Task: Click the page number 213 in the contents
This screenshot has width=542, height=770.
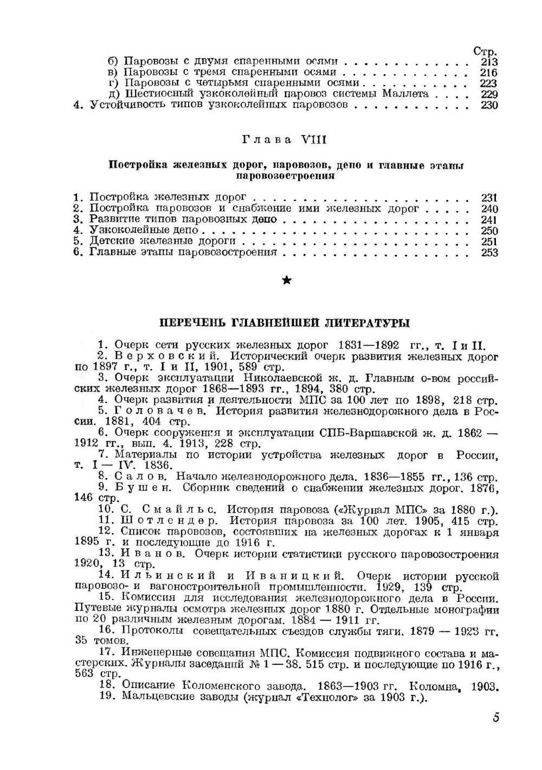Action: (x=488, y=61)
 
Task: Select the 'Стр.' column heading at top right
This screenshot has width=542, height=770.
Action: (x=485, y=52)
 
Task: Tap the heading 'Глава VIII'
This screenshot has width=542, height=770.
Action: (x=283, y=139)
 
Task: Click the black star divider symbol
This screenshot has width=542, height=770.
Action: (x=287, y=280)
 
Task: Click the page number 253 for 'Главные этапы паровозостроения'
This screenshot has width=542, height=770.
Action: (x=489, y=252)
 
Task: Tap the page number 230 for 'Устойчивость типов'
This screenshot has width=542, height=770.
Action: (x=489, y=105)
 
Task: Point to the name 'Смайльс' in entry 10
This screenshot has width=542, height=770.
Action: (x=179, y=510)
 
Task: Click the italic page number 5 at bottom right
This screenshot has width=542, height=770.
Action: (x=495, y=718)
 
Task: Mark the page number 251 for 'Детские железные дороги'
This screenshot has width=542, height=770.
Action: (x=489, y=241)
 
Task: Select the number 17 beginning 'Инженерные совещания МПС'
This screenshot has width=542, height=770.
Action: (x=106, y=653)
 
